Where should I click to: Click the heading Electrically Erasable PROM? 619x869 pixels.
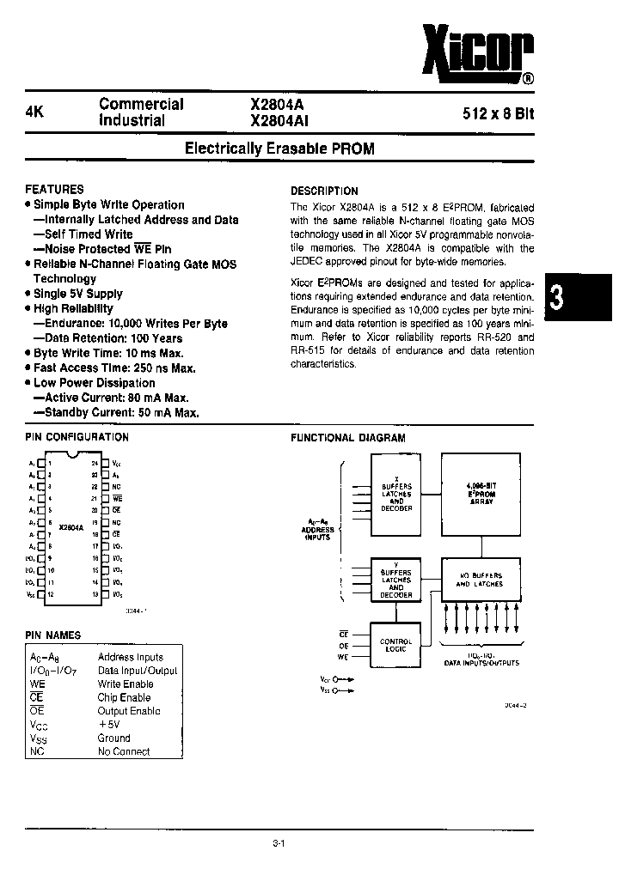280,149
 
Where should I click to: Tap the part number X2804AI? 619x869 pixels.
279,121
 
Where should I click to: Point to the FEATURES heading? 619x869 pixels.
54,189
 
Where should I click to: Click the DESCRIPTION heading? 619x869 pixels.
324,191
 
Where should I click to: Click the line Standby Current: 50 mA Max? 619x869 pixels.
116,412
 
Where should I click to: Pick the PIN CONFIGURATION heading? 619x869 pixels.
77,437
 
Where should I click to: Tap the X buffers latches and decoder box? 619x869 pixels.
396,495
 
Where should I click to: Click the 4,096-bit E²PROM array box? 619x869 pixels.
481,495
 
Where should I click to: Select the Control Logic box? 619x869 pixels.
396,645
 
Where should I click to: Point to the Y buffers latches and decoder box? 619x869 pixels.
396,580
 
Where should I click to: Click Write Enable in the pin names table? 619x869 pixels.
126,684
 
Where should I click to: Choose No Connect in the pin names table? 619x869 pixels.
124,751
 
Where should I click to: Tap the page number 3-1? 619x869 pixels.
279,844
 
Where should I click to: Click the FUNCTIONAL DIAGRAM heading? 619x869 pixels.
347,437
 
